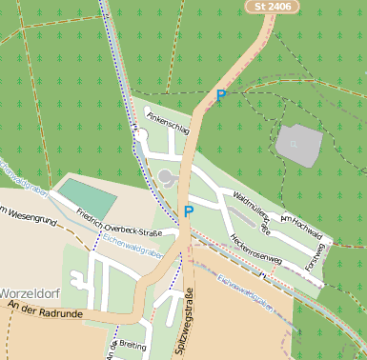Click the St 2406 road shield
[272, 7]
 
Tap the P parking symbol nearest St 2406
[221, 95]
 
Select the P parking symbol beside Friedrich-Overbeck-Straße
[189, 210]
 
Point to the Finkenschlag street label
[167, 122]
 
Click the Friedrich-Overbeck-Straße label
[119, 222]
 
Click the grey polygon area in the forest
[298, 144]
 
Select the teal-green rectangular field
[89, 197]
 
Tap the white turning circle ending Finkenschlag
[141, 136]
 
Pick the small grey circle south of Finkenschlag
[168, 176]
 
